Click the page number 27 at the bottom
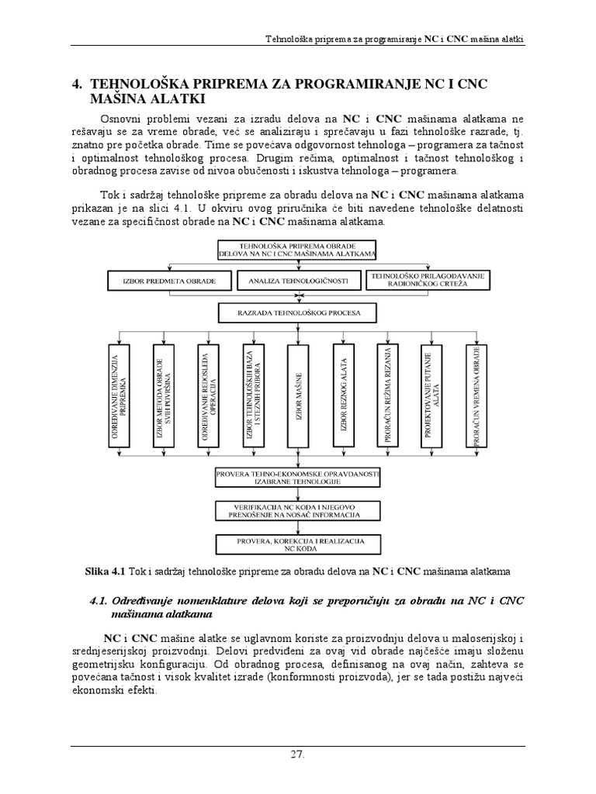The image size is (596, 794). tap(298, 753)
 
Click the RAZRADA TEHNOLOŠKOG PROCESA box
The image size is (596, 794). tap(298, 314)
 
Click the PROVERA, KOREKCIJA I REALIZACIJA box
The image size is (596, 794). tap(298, 542)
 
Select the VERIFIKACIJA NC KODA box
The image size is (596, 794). tap(298, 509)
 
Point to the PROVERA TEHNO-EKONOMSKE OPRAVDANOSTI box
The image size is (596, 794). tap(298, 477)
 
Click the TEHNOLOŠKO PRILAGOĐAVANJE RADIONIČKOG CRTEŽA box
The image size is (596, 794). tap(426, 280)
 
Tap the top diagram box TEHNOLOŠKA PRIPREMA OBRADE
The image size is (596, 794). tap(298, 249)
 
